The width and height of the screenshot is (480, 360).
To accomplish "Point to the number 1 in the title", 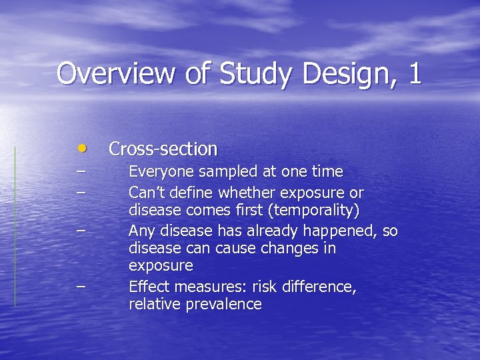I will point(415,73).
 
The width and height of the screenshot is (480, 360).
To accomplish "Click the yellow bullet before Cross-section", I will point(81,147).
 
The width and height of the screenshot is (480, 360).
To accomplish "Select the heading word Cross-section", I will point(163,148).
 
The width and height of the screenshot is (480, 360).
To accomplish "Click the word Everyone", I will point(157,172).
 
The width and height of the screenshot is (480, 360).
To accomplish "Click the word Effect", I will point(145,287).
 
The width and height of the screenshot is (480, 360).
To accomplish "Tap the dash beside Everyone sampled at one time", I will point(81,171).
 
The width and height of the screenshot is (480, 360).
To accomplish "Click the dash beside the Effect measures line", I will point(81,286).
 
